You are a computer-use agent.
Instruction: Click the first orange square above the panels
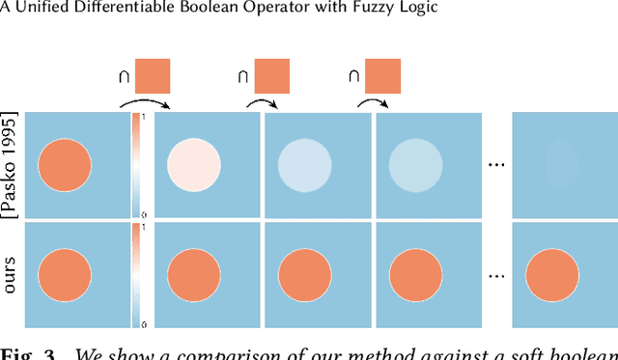pos(153,76)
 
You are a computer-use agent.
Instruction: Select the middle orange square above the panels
pos(271,76)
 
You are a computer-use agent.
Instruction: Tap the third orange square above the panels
pos(382,76)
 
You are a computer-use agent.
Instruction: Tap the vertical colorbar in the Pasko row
pos(137,165)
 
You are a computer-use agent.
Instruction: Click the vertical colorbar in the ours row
pos(137,276)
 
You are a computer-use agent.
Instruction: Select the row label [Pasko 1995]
pos(11,165)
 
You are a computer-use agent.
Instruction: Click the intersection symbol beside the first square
pos(124,75)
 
